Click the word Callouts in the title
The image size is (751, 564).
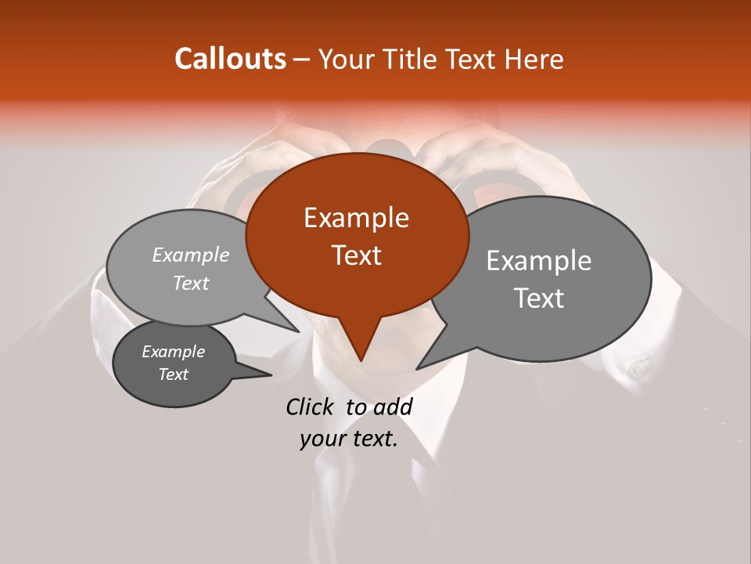230,59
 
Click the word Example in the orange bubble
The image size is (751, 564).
356,218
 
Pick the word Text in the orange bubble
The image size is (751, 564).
356,255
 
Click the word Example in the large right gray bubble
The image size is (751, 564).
538,261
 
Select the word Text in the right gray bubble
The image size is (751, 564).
538,298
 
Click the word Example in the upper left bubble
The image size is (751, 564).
191,255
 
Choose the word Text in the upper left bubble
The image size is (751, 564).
191,283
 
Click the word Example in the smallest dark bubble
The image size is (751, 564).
173,352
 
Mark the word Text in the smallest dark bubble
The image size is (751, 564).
173,374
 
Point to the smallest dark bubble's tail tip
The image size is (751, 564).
271,374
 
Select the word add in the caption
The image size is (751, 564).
393,407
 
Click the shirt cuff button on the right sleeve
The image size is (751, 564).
640,367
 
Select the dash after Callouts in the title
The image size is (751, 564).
302,60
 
